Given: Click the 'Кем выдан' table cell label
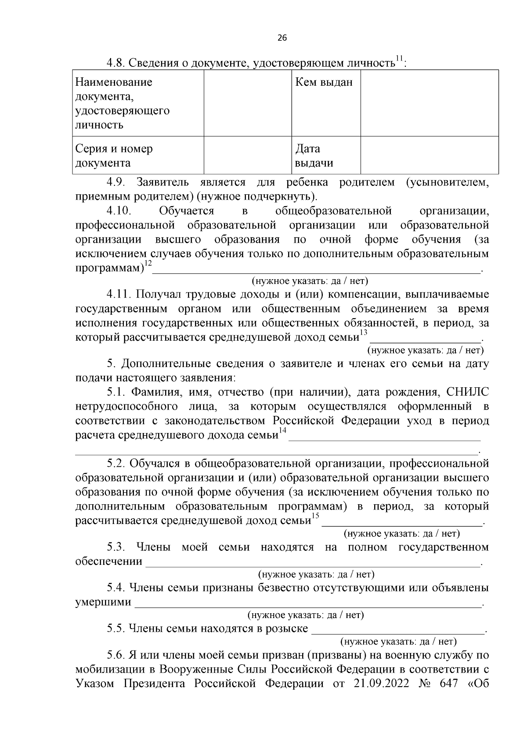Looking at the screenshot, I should (324, 82).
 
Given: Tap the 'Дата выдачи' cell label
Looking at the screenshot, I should (314, 156).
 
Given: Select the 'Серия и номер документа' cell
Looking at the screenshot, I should (114, 156).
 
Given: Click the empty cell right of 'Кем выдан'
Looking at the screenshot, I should (429, 103).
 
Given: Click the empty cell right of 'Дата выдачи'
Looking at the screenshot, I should (429, 156).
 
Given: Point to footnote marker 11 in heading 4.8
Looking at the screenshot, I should (399, 58).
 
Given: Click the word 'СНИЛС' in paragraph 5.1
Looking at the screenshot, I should (467, 392).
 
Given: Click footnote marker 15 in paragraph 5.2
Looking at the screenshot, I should (315, 516).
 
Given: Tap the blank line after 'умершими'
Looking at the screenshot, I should (307, 604).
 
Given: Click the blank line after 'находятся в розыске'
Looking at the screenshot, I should (397, 630).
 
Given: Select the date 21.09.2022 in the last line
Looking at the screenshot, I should (380, 696).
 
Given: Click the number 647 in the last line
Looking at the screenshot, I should (448, 696).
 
